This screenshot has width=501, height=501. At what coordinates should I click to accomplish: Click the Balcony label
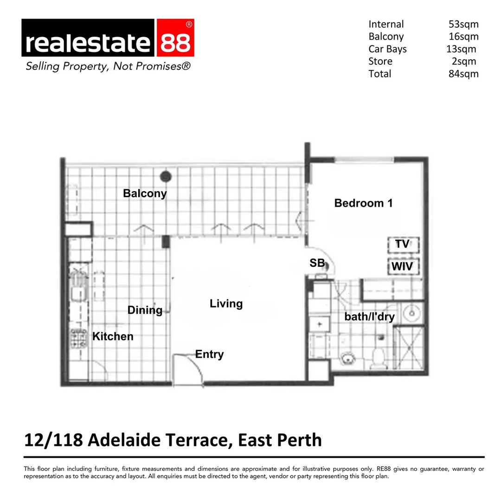pos(145,193)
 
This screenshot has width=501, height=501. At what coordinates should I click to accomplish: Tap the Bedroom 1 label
pos(363,203)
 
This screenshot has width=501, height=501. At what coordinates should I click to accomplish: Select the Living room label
pos(226,304)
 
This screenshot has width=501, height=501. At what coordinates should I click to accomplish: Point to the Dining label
pos(145,310)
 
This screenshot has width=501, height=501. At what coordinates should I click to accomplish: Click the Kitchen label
pos(113,336)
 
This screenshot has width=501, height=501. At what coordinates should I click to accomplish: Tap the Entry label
pos(209,354)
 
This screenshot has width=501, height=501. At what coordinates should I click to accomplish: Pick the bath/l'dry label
pos(369,317)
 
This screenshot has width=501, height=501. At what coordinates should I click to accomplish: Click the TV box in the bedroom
pos(403,244)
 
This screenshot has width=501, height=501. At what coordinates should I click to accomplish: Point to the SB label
pos(317,263)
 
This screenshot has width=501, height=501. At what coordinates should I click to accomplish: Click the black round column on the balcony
pos(166,176)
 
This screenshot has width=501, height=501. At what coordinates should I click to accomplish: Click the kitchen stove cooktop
pos(77,338)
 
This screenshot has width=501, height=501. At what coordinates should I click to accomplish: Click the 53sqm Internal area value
pos(463,24)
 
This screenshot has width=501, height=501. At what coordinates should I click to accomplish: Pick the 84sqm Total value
pos(463,74)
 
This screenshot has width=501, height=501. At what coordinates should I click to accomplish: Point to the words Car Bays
pos(387,49)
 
